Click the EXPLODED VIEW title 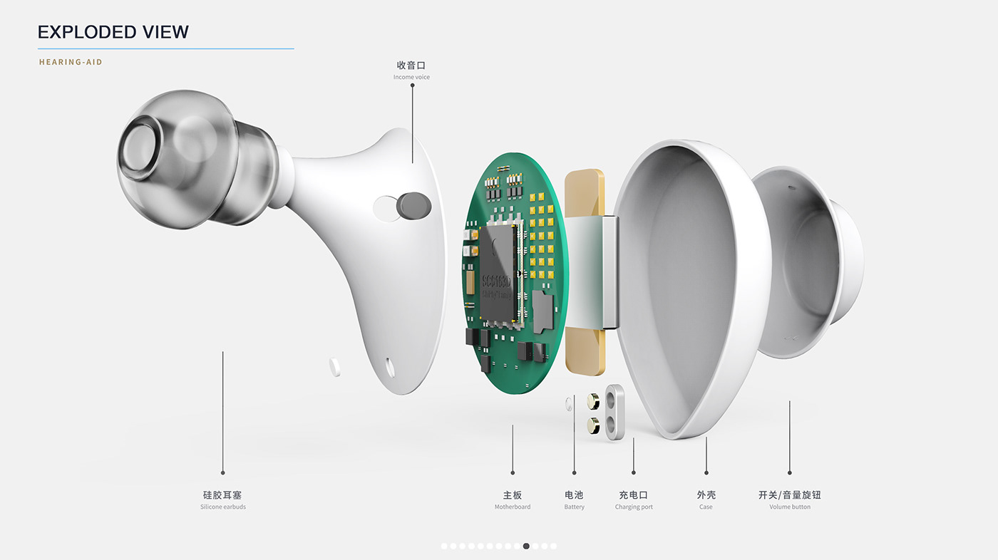tap(113, 32)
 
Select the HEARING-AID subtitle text tap(71, 62)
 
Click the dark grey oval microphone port tap(413, 205)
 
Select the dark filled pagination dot tap(526, 546)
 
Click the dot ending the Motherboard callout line tap(513, 472)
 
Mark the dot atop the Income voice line tap(412, 85)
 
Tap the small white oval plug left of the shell tap(335, 366)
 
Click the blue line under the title tap(165, 49)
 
